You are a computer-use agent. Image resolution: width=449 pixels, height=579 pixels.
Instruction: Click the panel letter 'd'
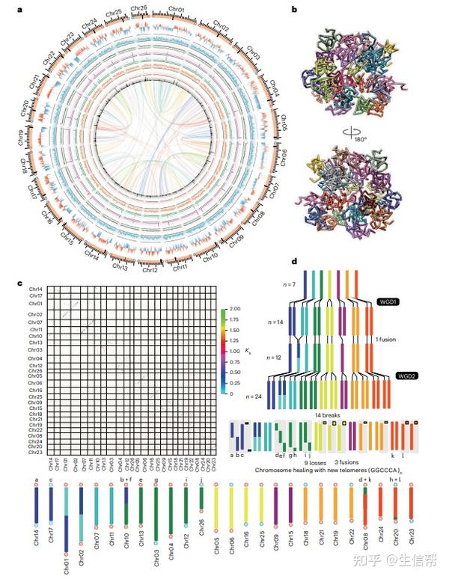click(x=296, y=263)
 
